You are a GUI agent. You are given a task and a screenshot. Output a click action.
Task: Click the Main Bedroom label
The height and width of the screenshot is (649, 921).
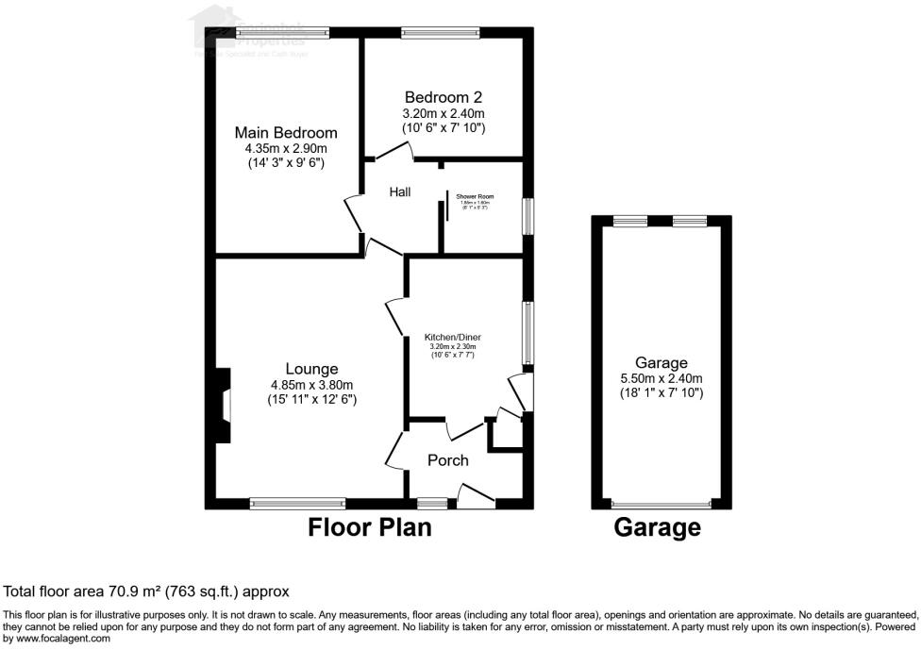coord(285,133)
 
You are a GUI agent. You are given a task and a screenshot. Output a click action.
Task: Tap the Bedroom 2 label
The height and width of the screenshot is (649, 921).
coord(443,97)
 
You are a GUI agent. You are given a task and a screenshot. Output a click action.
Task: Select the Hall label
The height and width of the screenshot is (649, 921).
coord(400,192)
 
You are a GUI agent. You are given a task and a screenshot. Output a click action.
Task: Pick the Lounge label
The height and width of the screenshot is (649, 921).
coord(311,368)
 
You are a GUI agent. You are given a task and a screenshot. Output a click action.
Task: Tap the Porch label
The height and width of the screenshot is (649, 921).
coord(448,460)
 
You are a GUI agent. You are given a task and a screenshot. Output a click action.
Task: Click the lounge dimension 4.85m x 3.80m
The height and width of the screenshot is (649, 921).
coord(311,384)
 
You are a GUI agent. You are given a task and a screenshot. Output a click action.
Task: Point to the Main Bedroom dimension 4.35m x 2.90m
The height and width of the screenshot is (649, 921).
coord(285,148)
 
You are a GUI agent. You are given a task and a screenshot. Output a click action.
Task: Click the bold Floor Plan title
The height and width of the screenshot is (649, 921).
coord(370,527)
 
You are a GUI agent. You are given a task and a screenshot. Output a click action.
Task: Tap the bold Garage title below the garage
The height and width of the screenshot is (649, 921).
coord(658,527)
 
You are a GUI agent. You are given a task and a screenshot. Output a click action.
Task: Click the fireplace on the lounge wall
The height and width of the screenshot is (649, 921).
coord(222,406)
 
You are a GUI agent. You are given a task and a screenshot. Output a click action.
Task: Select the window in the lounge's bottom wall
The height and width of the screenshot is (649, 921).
coord(298,504)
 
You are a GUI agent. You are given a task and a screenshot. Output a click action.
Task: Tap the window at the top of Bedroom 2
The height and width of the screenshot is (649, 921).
coord(441,33)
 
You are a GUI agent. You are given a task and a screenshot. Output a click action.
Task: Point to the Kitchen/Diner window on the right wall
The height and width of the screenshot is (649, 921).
coord(527,333)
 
